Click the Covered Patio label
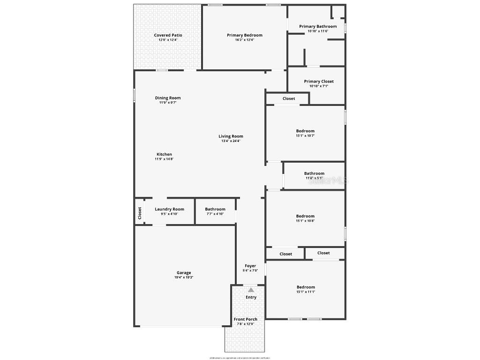168,35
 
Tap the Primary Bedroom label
244,35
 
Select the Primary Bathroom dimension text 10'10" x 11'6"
318,31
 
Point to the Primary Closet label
319,82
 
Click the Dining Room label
168,98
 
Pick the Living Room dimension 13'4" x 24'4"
231,141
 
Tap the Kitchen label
164,154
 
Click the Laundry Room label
169,209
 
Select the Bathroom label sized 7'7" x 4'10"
215,209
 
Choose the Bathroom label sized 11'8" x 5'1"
314,173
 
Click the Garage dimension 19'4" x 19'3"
184,277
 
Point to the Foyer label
250,266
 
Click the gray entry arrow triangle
251,290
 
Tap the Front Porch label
246,319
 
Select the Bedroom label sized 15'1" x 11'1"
306,287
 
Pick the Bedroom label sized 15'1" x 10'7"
305,131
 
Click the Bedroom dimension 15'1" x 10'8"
305,221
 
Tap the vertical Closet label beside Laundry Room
140,213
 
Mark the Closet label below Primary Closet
289,98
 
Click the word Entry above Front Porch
251,297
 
